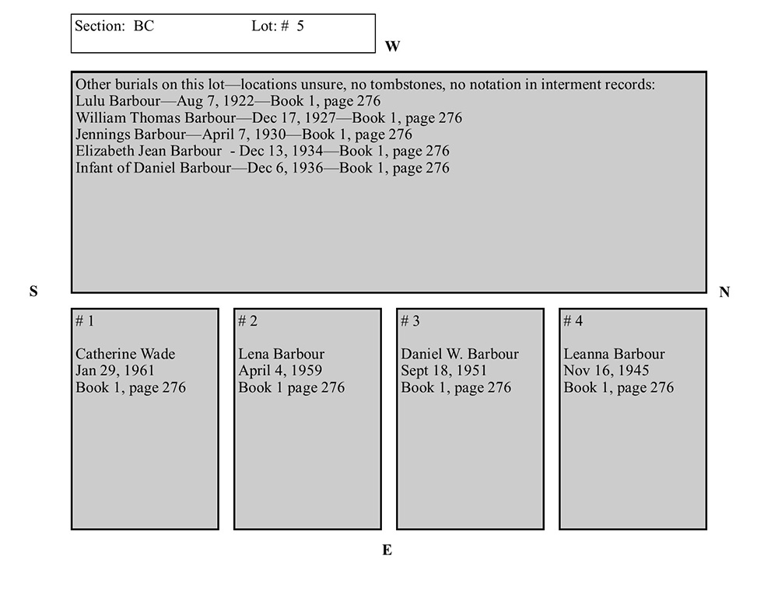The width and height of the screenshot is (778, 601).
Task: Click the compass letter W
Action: click(392, 47)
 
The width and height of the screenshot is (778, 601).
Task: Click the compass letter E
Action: click(387, 550)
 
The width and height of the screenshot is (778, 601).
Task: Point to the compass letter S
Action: click(33, 292)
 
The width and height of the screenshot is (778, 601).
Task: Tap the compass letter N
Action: click(724, 292)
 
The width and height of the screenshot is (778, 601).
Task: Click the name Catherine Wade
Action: click(125, 355)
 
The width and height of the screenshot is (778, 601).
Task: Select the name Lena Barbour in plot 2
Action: click(281, 355)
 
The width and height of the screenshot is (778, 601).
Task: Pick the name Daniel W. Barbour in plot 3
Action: click(459, 355)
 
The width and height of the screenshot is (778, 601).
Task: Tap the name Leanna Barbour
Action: click(614, 355)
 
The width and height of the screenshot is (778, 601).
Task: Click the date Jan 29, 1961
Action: click(115, 371)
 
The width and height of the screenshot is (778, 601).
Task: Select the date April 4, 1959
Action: click(280, 371)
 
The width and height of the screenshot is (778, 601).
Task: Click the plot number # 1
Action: click(85, 321)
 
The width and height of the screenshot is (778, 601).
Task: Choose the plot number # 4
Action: click(573, 321)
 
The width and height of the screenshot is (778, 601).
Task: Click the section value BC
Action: click(144, 26)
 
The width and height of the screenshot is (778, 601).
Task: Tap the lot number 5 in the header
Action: click(300, 26)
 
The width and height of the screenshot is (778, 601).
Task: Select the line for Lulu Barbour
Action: click(228, 101)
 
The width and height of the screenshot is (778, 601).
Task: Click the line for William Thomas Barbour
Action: click(268, 118)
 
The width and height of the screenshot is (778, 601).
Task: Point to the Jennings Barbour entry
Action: click(244, 135)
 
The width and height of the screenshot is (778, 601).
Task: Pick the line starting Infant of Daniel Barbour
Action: click(262, 168)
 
